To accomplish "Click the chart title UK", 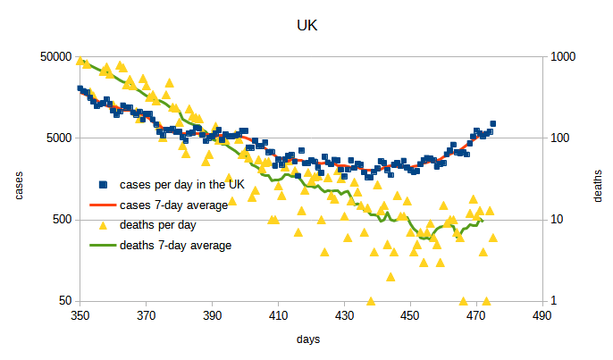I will [306, 27].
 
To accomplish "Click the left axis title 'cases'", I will [19, 179].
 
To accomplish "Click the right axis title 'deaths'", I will [598, 179].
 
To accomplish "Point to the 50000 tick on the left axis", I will [55, 56].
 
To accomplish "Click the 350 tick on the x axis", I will [80, 315].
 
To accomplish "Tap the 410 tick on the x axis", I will [278, 315].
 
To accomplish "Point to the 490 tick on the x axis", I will [542, 315].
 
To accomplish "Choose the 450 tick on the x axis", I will [409, 315].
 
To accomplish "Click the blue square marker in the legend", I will [103, 185].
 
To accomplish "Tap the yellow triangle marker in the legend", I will [103, 224].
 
